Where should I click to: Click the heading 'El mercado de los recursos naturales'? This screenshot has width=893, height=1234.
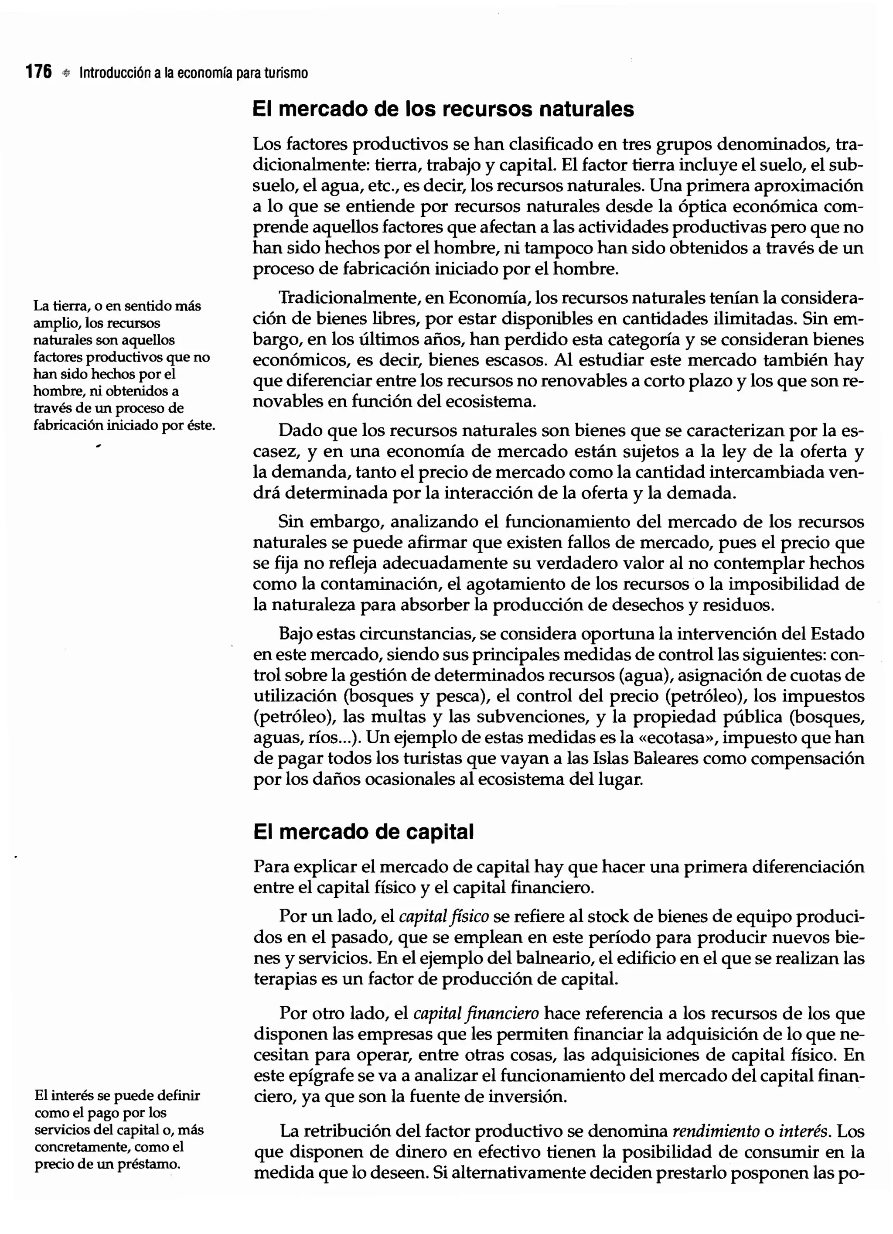(443, 109)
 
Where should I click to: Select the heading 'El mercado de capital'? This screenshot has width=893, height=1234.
(363, 832)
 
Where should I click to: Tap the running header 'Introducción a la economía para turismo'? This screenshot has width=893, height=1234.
(194, 73)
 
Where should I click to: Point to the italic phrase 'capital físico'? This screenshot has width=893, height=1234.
(444, 917)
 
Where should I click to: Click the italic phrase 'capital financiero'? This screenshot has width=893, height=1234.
(476, 1014)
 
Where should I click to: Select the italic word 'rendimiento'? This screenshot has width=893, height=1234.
(716, 1131)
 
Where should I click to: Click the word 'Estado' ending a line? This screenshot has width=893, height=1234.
(837, 634)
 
